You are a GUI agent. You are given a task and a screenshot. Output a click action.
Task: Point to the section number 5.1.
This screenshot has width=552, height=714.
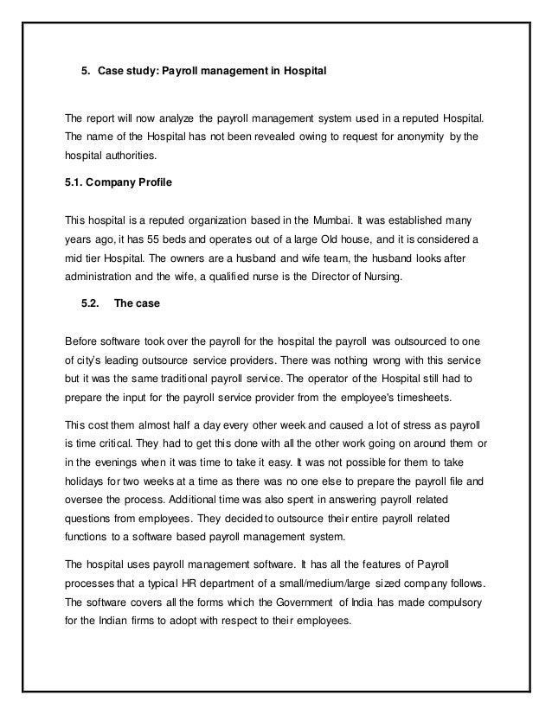(76, 183)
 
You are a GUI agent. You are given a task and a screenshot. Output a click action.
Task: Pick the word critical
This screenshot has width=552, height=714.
(120, 441)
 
